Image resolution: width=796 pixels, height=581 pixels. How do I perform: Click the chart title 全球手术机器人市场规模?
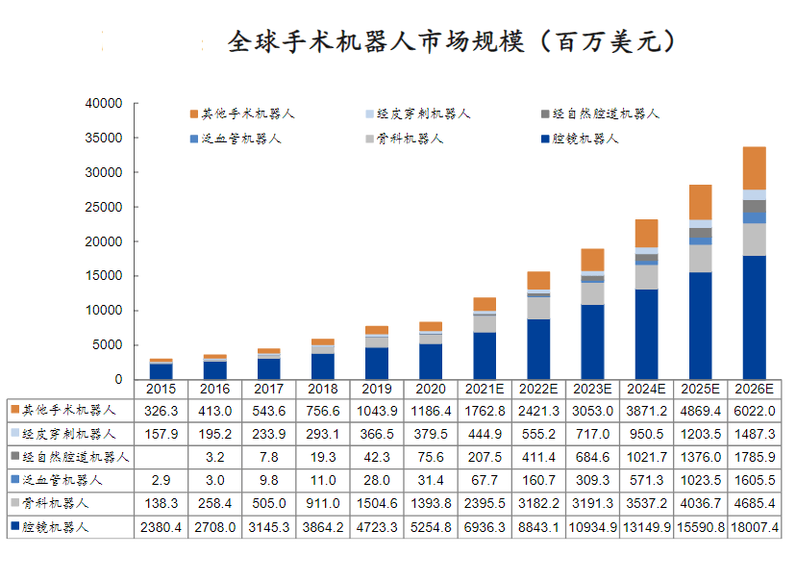pyautogui.click(x=452, y=42)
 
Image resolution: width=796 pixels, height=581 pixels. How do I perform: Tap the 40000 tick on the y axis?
pyautogui.click(x=104, y=103)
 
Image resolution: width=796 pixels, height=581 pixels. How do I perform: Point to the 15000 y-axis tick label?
pyautogui.click(x=104, y=276)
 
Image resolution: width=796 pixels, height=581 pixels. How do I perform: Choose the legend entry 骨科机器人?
pyautogui.click(x=410, y=139)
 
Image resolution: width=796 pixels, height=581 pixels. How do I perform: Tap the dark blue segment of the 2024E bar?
pyautogui.click(x=647, y=334)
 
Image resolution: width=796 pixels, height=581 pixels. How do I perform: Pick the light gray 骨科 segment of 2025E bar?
pyautogui.click(x=701, y=259)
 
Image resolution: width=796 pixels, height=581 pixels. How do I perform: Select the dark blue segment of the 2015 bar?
pyautogui.click(x=161, y=371)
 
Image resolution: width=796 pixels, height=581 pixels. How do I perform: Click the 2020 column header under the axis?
pyautogui.click(x=430, y=390)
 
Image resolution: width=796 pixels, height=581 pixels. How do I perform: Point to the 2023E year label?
pyautogui.click(x=592, y=390)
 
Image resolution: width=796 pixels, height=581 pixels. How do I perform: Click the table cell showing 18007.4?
pyautogui.click(x=755, y=527)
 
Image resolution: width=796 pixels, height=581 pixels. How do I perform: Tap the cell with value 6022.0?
pyautogui.click(x=755, y=411)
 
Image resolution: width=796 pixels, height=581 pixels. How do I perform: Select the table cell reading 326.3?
pyautogui.click(x=161, y=411)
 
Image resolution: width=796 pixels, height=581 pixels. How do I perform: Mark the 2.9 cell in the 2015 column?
pyautogui.click(x=161, y=480)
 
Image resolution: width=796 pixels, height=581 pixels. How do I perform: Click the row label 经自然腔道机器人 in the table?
pyautogui.click(x=75, y=457)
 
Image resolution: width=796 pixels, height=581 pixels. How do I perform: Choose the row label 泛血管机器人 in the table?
pyautogui.click(x=63, y=480)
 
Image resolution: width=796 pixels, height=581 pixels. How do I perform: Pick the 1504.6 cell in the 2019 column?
pyautogui.click(x=376, y=503)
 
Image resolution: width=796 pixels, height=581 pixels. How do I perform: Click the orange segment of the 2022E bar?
pyautogui.click(x=538, y=281)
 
